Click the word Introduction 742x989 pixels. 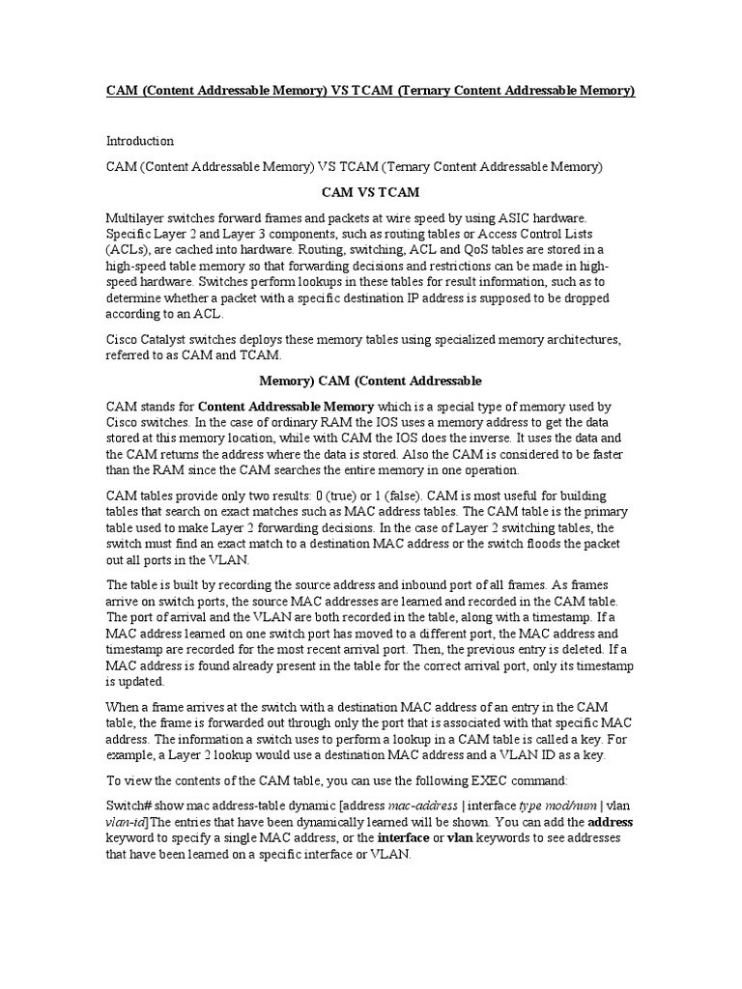click(139, 141)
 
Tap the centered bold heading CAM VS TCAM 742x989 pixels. click(371, 192)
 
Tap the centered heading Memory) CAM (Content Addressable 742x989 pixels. click(371, 381)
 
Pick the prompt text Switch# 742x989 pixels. click(129, 805)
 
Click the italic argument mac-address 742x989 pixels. click(421, 805)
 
